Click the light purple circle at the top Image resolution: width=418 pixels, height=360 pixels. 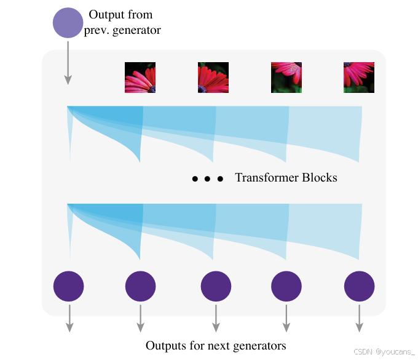click(68, 23)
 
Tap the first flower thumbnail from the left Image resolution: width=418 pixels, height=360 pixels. click(140, 78)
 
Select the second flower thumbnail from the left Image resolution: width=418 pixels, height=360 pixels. click(213, 78)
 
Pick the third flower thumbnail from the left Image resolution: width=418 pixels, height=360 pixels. click(286, 78)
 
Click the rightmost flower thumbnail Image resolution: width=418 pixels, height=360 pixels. click(359, 78)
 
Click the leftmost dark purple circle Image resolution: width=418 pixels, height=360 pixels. click(69, 286)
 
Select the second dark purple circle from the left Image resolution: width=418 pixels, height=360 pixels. click(141, 286)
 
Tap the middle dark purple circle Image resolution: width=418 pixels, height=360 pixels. click(216, 286)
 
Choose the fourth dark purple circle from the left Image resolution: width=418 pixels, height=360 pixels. click(286, 286)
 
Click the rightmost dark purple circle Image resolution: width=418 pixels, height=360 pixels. click(359, 286)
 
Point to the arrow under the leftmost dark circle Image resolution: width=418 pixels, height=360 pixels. click(69, 318)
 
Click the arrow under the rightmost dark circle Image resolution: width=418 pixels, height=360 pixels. click(359, 318)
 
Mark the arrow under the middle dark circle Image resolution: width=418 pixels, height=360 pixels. click(216, 318)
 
